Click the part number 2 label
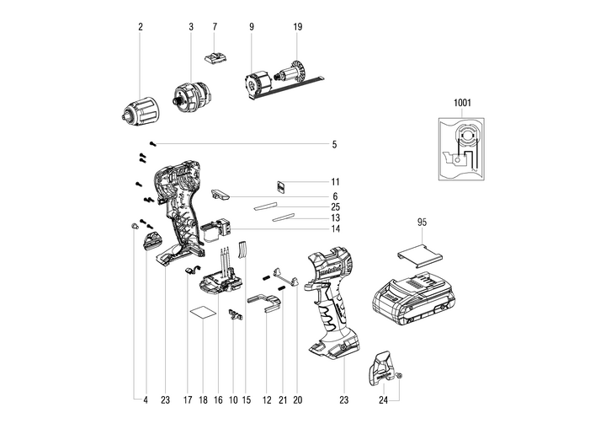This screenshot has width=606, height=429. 141,27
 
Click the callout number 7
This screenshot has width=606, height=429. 215,27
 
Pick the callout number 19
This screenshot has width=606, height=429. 297,27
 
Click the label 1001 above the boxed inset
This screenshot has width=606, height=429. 462,102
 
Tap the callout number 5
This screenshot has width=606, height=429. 333,145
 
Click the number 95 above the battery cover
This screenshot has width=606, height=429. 423,223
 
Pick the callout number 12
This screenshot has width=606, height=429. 265,402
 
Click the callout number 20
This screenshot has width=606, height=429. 297,402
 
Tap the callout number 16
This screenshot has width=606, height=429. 218,402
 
